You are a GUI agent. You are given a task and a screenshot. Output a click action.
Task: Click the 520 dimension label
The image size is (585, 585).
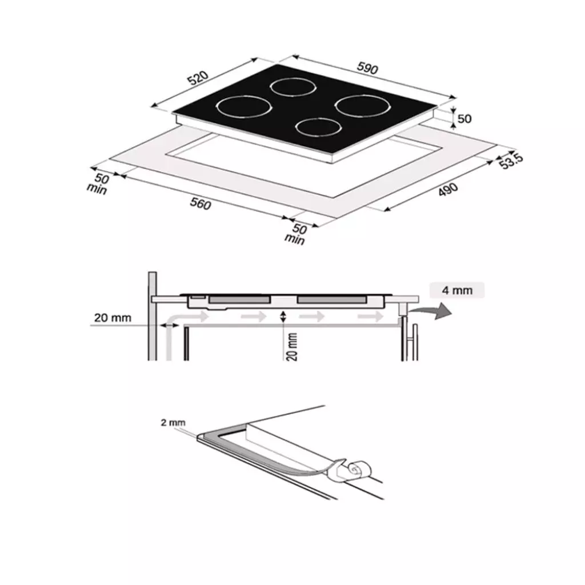198,78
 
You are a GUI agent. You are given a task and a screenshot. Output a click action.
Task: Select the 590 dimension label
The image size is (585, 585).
367,68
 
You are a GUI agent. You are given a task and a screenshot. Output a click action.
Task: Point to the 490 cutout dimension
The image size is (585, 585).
448,189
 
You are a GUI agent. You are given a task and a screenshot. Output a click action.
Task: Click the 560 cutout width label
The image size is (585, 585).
201,204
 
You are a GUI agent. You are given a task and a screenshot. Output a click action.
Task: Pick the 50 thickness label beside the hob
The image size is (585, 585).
464,119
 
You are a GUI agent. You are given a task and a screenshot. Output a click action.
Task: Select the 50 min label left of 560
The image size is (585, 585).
98,183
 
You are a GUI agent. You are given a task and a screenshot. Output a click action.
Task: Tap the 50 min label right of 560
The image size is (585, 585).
296,234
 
